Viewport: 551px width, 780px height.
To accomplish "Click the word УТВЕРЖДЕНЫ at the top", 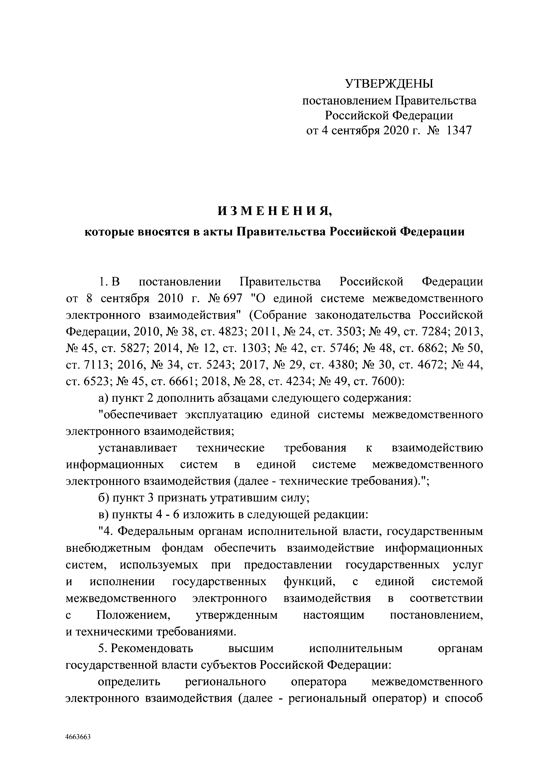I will (389, 83).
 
